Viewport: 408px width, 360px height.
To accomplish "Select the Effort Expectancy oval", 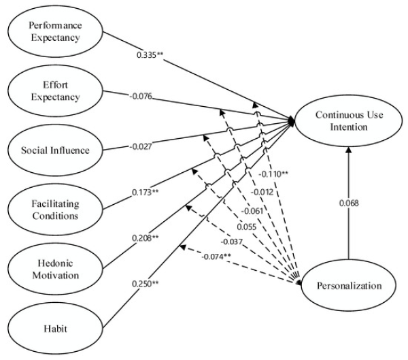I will pos(54,91).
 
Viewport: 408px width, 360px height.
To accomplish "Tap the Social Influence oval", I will pos(54,150).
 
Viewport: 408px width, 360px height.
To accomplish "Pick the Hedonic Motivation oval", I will pos(54,269).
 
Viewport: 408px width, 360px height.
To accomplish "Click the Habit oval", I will pos(54,329).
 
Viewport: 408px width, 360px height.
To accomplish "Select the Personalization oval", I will pos(349,286).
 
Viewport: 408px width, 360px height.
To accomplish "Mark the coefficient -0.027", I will pos(139,146).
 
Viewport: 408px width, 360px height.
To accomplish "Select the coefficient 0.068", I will pos(348,202).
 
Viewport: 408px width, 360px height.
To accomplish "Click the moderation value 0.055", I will pos(245,227).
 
